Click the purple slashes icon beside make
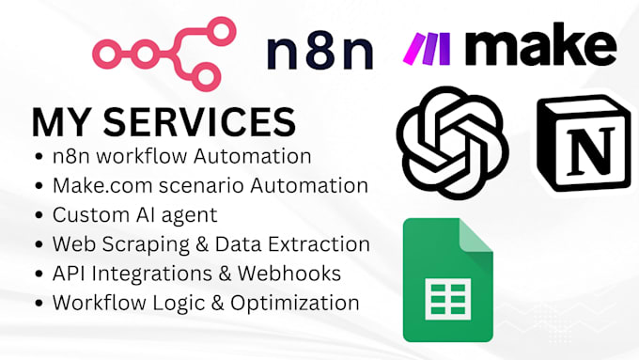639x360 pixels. [427, 49]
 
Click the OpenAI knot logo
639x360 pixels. [452, 143]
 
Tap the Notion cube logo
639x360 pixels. [584, 144]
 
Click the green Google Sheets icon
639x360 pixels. [448, 280]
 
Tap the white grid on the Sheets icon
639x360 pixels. [448, 299]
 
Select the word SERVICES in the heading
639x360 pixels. [199, 122]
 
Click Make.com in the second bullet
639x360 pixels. [102, 185]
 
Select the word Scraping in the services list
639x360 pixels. [146, 245]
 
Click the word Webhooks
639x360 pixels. [289, 274]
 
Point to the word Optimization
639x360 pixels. [295, 304]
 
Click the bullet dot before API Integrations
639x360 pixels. [39, 274]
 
